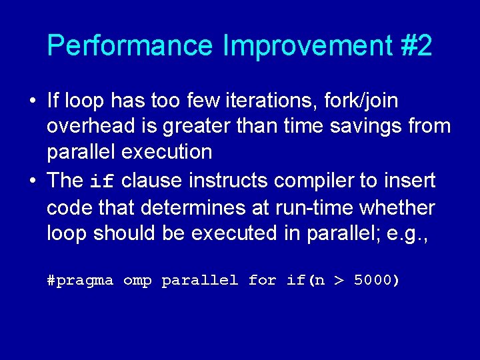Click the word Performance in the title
[x=131, y=46]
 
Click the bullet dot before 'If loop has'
[x=32, y=101]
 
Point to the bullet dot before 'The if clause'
[x=32, y=181]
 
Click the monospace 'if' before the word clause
[x=103, y=181]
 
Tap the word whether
[x=397, y=207]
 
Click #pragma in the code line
[x=80, y=281]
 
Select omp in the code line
[x=137, y=281]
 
